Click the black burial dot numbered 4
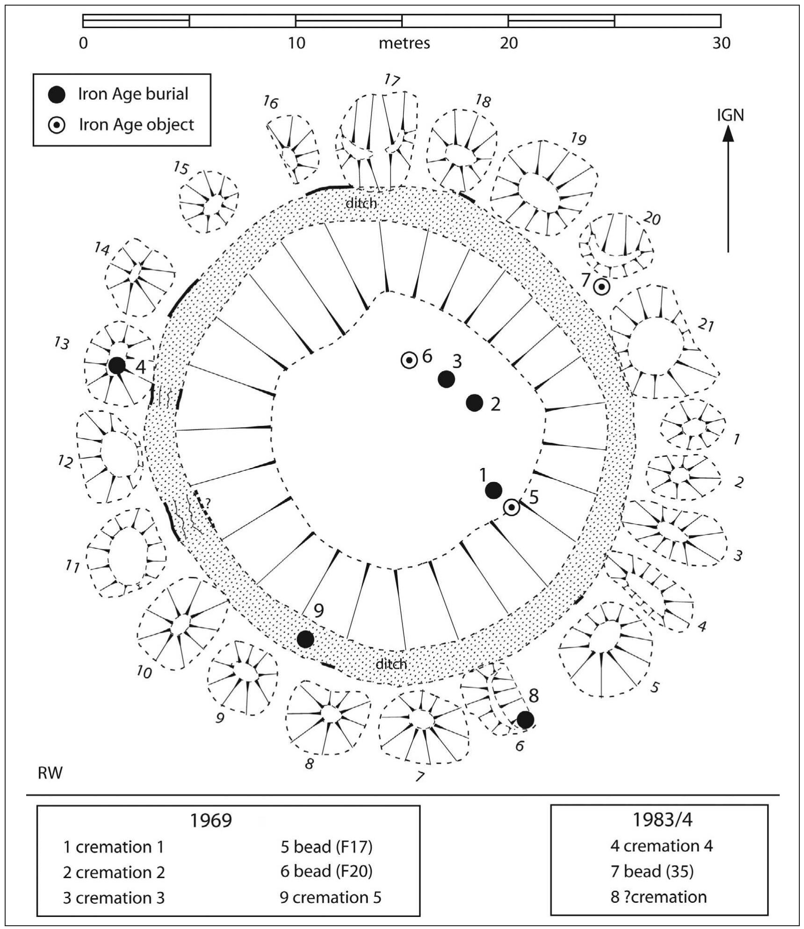[x=117, y=365]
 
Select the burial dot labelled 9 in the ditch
[x=305, y=639]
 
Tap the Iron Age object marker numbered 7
[x=602, y=287]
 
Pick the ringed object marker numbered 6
[x=409, y=360]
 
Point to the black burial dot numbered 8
[x=525, y=720]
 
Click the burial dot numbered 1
[x=494, y=490]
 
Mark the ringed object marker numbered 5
[x=512, y=507]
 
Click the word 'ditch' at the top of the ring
[x=361, y=203]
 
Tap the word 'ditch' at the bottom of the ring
[x=391, y=664]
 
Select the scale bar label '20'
[x=509, y=43]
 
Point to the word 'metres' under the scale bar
[x=404, y=43]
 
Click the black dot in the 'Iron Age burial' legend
[x=57, y=94]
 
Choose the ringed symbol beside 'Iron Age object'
[x=57, y=125]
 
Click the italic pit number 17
[x=392, y=81]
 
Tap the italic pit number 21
[x=706, y=325]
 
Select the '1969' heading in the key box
[x=211, y=820]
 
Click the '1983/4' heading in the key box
[x=660, y=819]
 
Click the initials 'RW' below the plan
[x=50, y=773]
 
